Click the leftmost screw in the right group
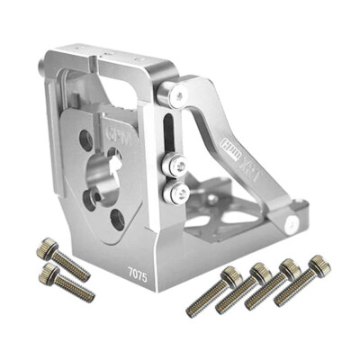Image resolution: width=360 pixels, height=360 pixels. pos(214,292)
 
